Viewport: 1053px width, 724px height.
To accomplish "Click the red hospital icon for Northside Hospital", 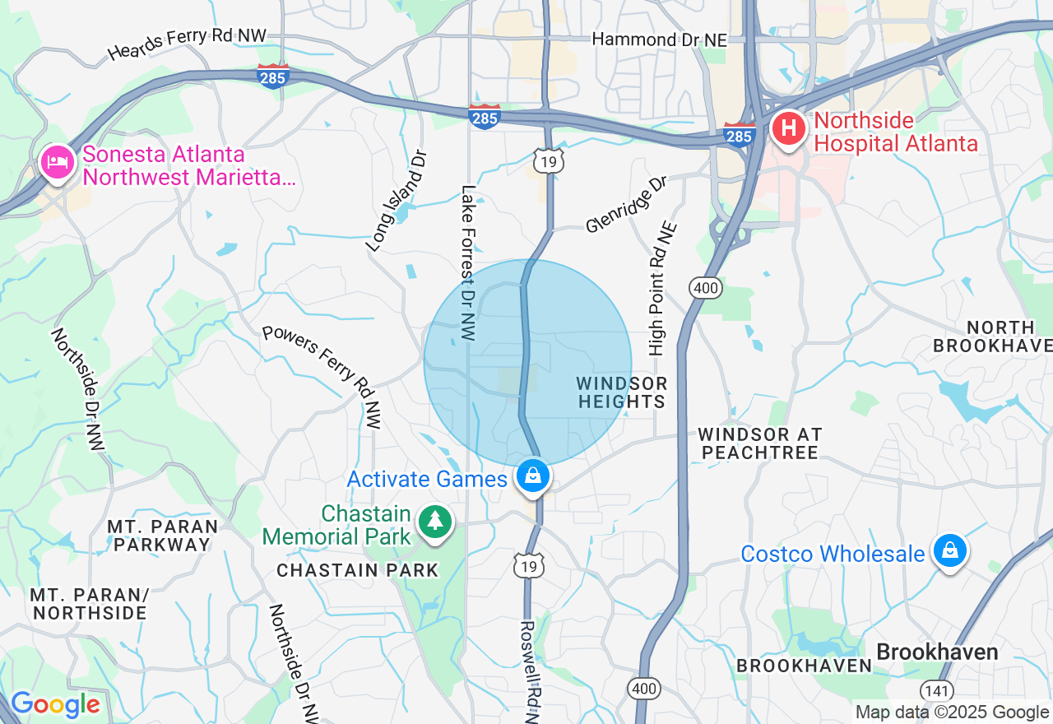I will (x=788, y=129).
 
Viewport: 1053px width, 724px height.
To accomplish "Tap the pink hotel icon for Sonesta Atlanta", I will (x=57, y=161).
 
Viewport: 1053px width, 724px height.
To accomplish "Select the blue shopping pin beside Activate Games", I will (x=533, y=476).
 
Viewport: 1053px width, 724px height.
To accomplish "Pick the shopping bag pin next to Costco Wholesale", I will (x=949, y=551).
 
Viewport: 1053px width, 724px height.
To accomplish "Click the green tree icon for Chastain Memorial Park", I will (x=434, y=522).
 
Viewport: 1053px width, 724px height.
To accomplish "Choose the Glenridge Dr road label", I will (x=626, y=206).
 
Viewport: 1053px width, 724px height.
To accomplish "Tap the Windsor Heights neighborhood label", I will (x=621, y=392).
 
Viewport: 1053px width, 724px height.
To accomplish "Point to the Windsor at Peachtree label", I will (x=759, y=443).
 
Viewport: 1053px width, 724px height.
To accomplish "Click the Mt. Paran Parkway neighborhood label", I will (x=162, y=536).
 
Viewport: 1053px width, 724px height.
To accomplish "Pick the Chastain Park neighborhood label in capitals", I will (x=358, y=570).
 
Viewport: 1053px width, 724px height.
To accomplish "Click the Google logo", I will (x=55, y=705).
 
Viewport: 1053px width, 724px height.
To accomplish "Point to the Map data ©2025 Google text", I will (x=952, y=712).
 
